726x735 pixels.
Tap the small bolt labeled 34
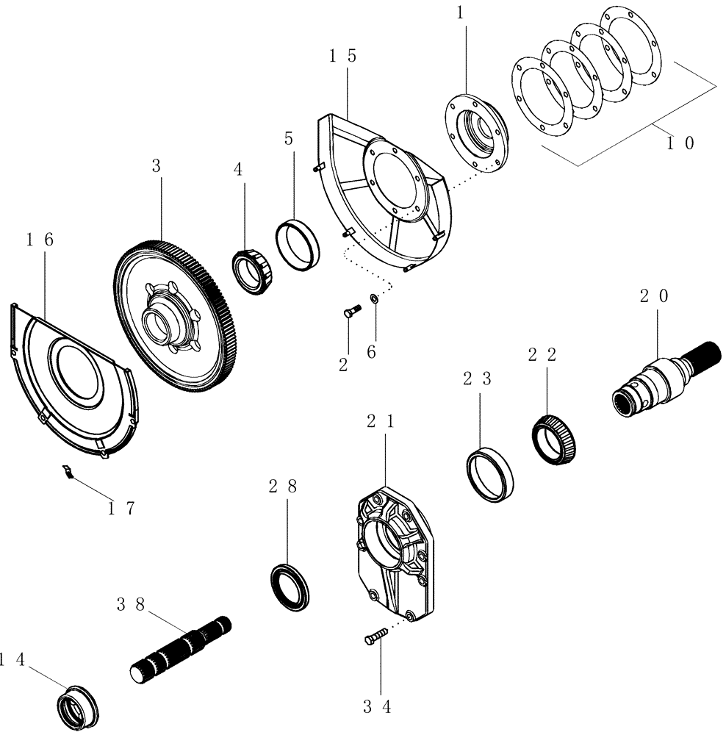[374, 637]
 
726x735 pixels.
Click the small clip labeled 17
[68, 473]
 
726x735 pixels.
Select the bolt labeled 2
[350, 312]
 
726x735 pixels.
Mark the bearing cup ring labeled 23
[490, 475]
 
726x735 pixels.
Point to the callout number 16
[40, 240]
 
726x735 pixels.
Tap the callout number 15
[343, 57]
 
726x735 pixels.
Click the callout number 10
[679, 144]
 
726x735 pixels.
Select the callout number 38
[130, 605]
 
